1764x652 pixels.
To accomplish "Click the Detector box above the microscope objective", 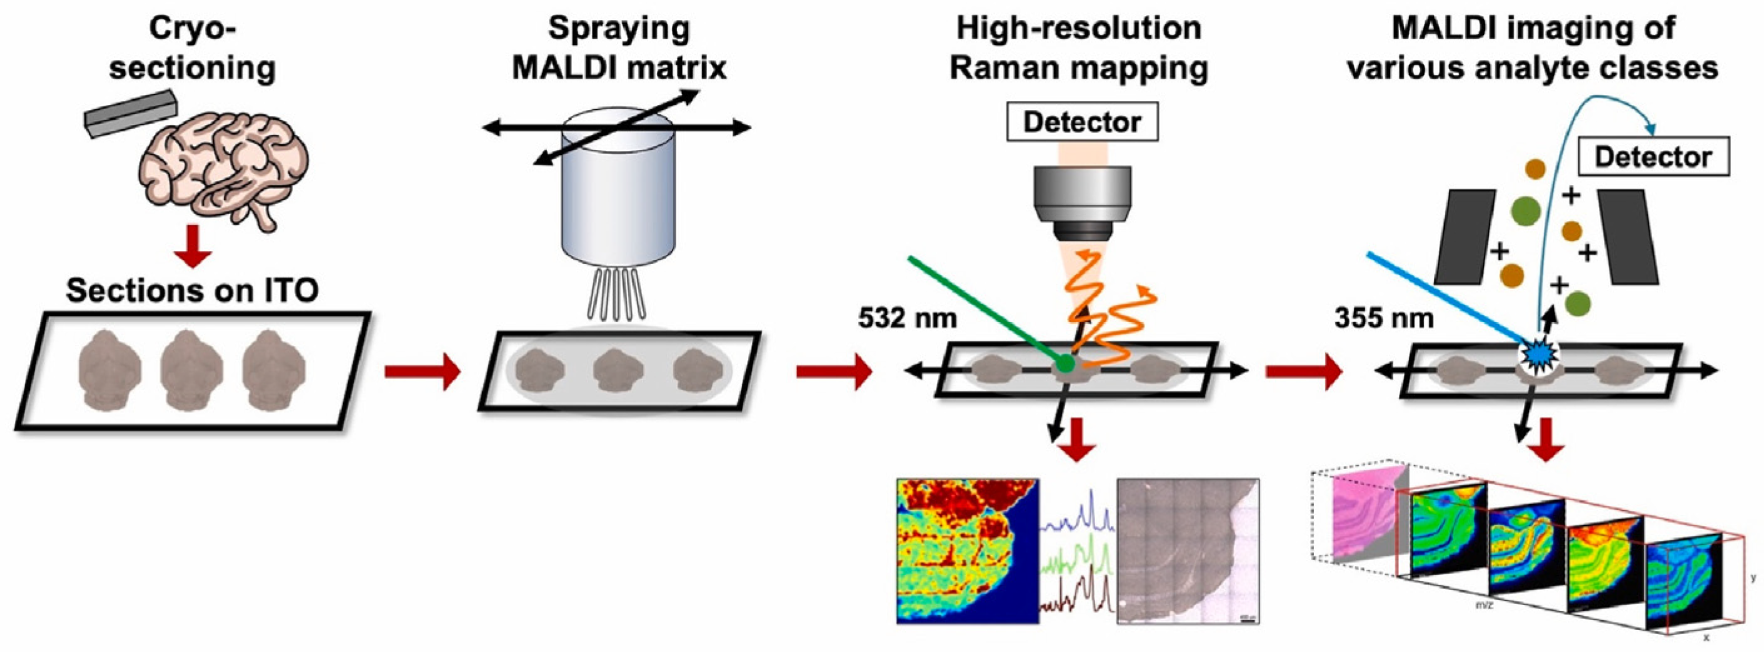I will click(1082, 122).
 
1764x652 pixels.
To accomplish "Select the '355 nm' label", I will click(1383, 318).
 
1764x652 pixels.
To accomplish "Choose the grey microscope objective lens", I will click(1082, 202).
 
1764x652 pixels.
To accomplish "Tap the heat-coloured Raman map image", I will click(967, 551).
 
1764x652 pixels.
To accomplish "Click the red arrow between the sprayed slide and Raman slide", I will click(833, 373).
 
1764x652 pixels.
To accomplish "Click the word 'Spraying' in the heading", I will click(619, 29).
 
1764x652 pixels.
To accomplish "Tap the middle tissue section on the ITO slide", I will click(191, 370).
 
